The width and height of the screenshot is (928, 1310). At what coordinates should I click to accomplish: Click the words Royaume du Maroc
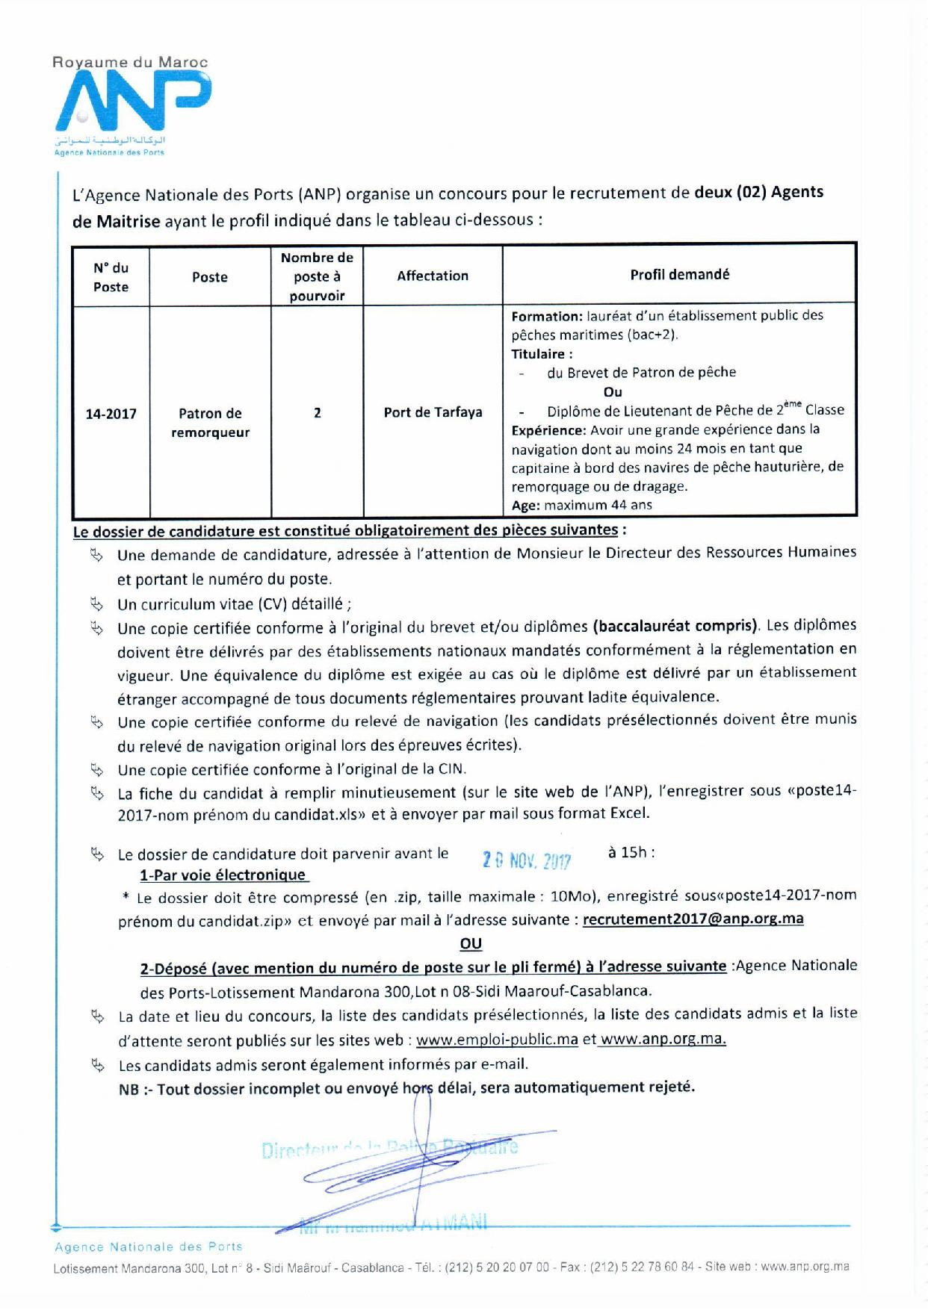pos(130,63)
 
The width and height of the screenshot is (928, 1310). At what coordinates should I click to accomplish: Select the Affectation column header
pos(433,276)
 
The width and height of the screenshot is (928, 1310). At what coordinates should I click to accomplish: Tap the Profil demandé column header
pos(679,274)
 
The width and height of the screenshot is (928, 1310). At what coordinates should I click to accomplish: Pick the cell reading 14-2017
pos(111,413)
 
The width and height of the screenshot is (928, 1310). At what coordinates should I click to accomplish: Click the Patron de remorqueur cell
pos(210,423)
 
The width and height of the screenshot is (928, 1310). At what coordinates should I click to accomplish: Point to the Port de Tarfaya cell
pos(433,412)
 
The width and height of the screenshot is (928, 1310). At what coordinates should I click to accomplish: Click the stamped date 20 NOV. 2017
pos(527,861)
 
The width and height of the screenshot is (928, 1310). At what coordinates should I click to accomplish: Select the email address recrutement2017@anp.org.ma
pos(693,919)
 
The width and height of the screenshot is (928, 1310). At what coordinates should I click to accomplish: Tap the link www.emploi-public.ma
pos(497,1040)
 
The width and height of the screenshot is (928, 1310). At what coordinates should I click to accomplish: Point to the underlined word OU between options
pos(471,944)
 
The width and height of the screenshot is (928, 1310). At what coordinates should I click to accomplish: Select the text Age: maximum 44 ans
pos(581,505)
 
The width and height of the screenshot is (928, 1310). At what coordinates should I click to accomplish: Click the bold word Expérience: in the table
pos(548,429)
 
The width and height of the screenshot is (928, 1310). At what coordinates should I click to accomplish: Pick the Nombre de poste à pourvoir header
pos(317,276)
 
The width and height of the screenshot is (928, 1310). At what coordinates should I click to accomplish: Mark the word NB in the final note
pos(129,1090)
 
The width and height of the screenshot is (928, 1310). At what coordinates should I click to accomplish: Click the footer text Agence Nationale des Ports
pos(149,1247)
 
